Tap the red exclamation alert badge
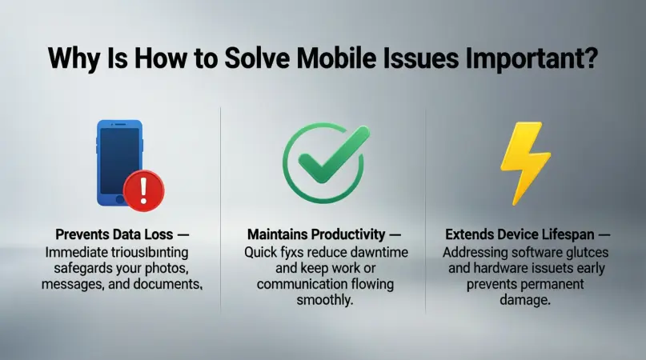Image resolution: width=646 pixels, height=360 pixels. (144, 189)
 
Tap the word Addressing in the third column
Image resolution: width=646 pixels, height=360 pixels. (475, 251)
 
